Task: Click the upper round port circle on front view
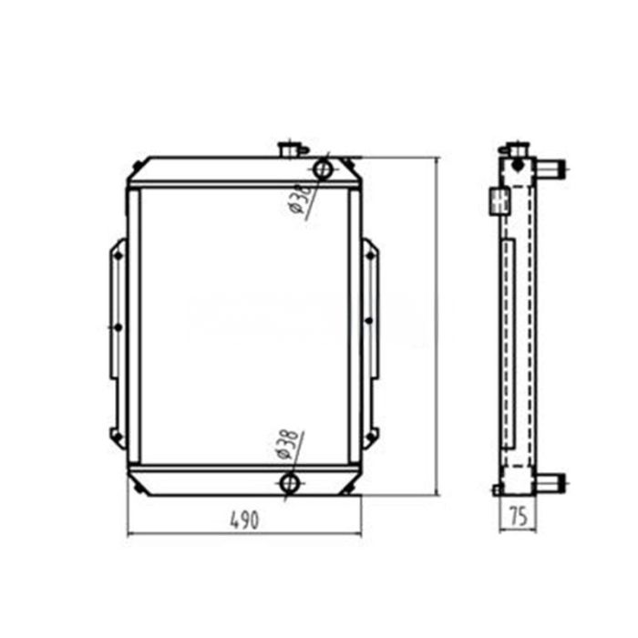tap(322, 169)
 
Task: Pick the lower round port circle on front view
tap(291, 483)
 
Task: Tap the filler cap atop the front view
tap(292, 148)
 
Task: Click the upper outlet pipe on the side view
tap(551, 168)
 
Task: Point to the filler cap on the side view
tap(517, 149)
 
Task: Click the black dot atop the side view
tap(517, 165)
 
